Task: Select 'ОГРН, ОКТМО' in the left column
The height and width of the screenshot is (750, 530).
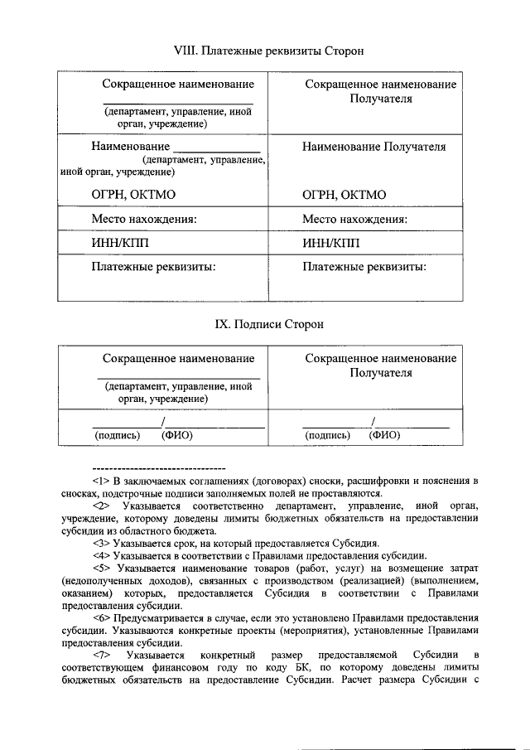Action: tap(133, 195)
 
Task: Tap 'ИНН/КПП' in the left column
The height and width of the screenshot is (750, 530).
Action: tap(120, 243)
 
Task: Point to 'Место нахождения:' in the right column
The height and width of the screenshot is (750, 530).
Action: tap(355, 220)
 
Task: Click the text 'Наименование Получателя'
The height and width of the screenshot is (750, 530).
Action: tap(373, 147)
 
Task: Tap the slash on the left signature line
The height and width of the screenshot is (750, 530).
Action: tap(164, 421)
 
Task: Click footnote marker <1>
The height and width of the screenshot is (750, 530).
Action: tap(101, 481)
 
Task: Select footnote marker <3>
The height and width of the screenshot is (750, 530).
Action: tap(101, 543)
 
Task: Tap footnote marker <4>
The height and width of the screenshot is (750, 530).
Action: tap(101, 555)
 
